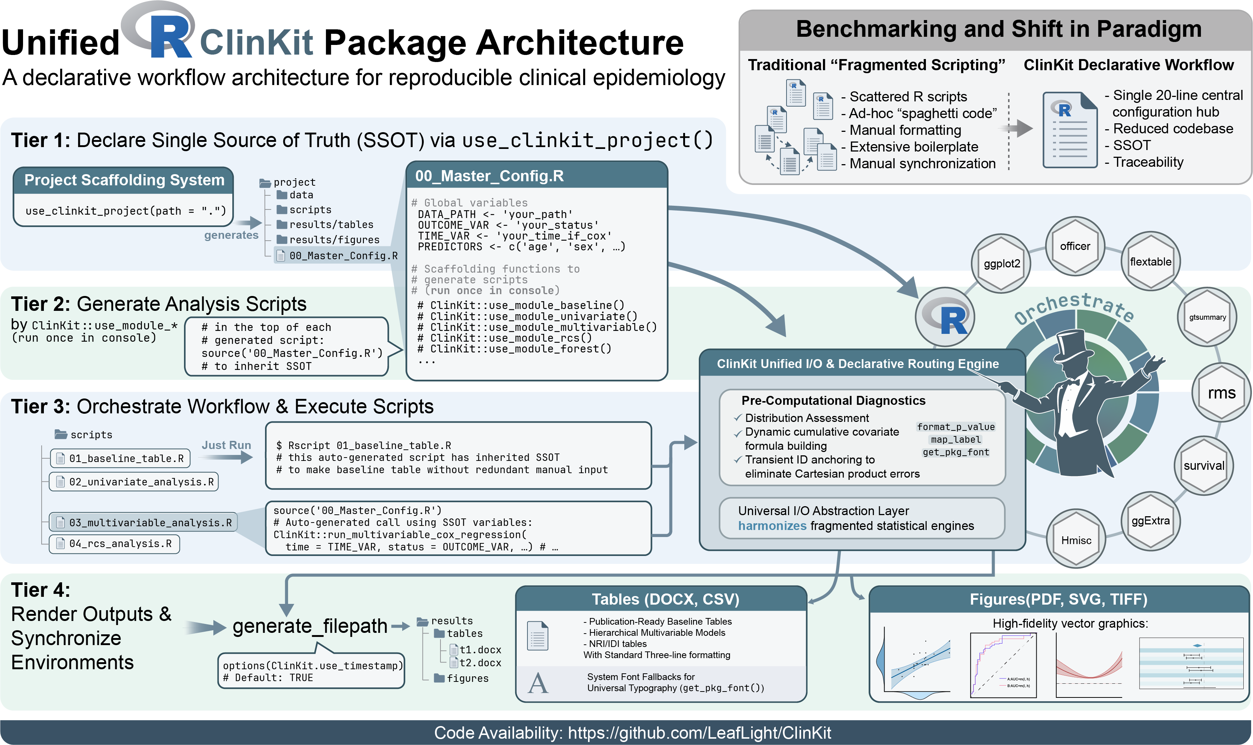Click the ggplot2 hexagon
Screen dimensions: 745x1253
coord(1001,264)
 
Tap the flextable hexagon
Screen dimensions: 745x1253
coord(1150,261)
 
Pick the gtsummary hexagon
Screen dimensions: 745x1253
coord(1207,317)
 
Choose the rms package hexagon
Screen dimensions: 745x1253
coord(1221,393)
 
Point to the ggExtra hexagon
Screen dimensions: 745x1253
coord(1150,521)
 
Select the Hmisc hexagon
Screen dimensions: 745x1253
coord(1076,540)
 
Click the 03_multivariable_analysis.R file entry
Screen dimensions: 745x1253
coord(144,523)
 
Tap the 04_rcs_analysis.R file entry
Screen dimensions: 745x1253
coord(114,544)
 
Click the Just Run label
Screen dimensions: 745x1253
coord(226,445)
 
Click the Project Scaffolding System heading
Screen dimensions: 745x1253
coord(124,180)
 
